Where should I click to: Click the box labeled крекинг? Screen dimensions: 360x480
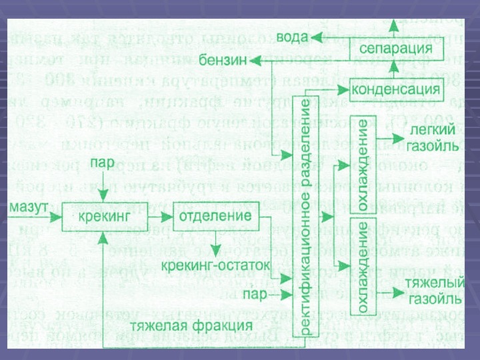pos(94,218)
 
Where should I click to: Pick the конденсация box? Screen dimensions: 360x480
pos(395,89)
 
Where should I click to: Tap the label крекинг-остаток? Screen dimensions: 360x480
pos(216,265)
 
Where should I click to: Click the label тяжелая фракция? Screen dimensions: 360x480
pos(191,326)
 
